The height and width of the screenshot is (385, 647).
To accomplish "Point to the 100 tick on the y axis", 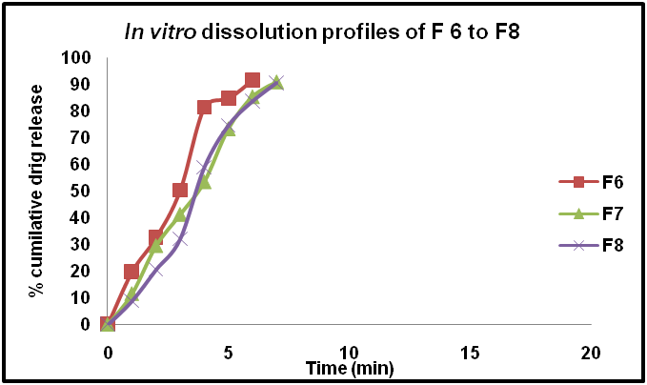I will [x=81, y=57].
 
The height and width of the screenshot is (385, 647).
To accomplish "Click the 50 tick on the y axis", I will [x=85, y=191].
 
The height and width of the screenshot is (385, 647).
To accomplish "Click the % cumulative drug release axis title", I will [x=36, y=191].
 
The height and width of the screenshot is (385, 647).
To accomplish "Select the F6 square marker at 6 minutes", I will [x=253, y=81].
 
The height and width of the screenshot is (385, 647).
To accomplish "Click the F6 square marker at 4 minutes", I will [x=204, y=107].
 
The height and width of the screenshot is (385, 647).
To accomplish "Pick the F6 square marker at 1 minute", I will [x=131, y=272].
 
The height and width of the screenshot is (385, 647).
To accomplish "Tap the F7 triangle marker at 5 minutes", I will [x=229, y=129].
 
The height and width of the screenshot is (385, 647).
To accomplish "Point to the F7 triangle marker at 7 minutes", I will [x=276, y=83].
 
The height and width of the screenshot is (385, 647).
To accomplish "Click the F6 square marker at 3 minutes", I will [x=180, y=191].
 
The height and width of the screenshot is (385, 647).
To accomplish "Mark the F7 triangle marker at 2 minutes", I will [x=156, y=246].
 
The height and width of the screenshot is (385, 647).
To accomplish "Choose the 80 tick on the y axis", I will [x=85, y=111].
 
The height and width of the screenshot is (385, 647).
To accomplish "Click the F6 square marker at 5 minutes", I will [x=229, y=98].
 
